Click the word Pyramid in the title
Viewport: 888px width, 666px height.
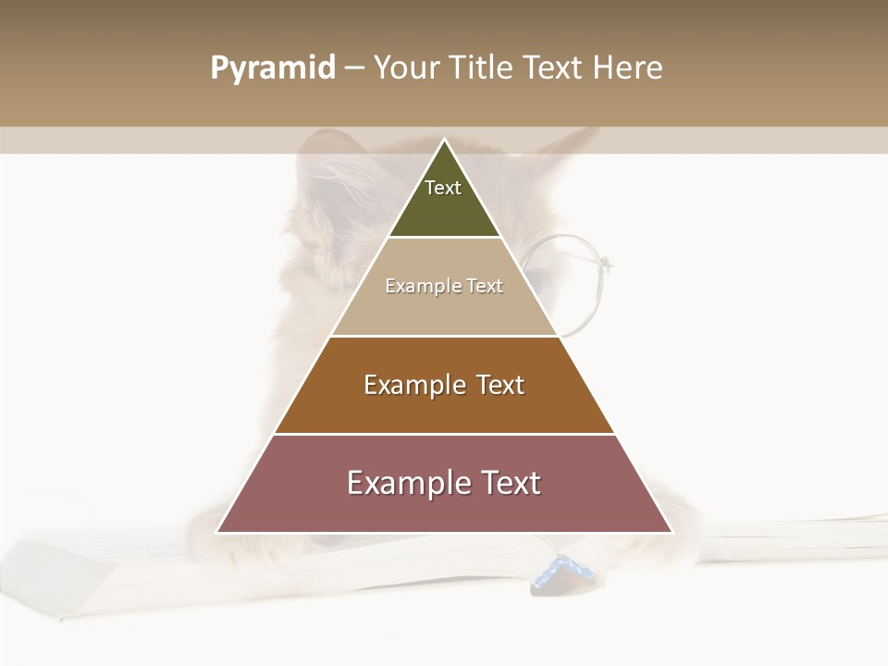click(x=272, y=68)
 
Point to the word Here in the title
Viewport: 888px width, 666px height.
click(x=627, y=68)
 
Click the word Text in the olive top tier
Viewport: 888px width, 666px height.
click(x=443, y=188)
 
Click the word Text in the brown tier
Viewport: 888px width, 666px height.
click(x=500, y=385)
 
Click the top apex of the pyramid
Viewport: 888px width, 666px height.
click(x=444, y=140)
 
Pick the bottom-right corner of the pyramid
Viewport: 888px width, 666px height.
click(x=671, y=532)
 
